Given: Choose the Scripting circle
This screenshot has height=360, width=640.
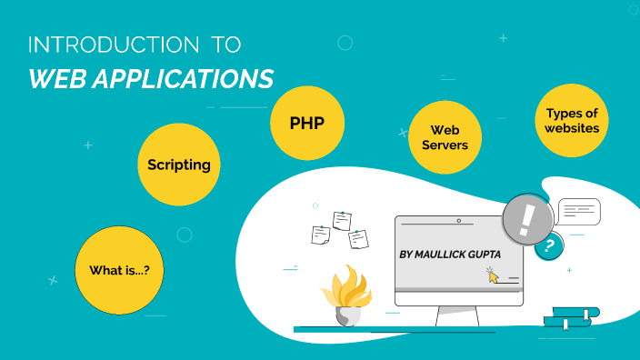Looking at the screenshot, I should pyautogui.click(x=179, y=165).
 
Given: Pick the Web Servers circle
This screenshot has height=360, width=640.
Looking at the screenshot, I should pyautogui.click(x=444, y=137).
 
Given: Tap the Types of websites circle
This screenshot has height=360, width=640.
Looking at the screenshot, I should pyautogui.click(x=572, y=121).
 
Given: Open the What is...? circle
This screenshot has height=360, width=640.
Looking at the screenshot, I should pyautogui.click(x=118, y=270).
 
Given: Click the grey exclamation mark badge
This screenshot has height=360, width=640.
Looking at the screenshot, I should pyautogui.click(x=526, y=218).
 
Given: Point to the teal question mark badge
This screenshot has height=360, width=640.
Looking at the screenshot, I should pyautogui.click(x=547, y=245).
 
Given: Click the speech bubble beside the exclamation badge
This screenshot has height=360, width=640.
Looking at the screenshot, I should pyautogui.click(x=579, y=212).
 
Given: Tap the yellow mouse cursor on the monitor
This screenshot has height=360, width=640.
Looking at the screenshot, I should pyautogui.click(x=494, y=275).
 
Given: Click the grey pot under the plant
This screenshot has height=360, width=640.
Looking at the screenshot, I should pyautogui.click(x=347, y=315).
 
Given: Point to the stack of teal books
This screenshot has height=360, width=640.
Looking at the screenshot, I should pyautogui.click(x=571, y=316).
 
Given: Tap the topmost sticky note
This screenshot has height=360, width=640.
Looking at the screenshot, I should pyautogui.click(x=342, y=220).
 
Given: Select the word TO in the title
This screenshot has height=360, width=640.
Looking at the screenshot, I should pyautogui.click(x=225, y=45).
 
